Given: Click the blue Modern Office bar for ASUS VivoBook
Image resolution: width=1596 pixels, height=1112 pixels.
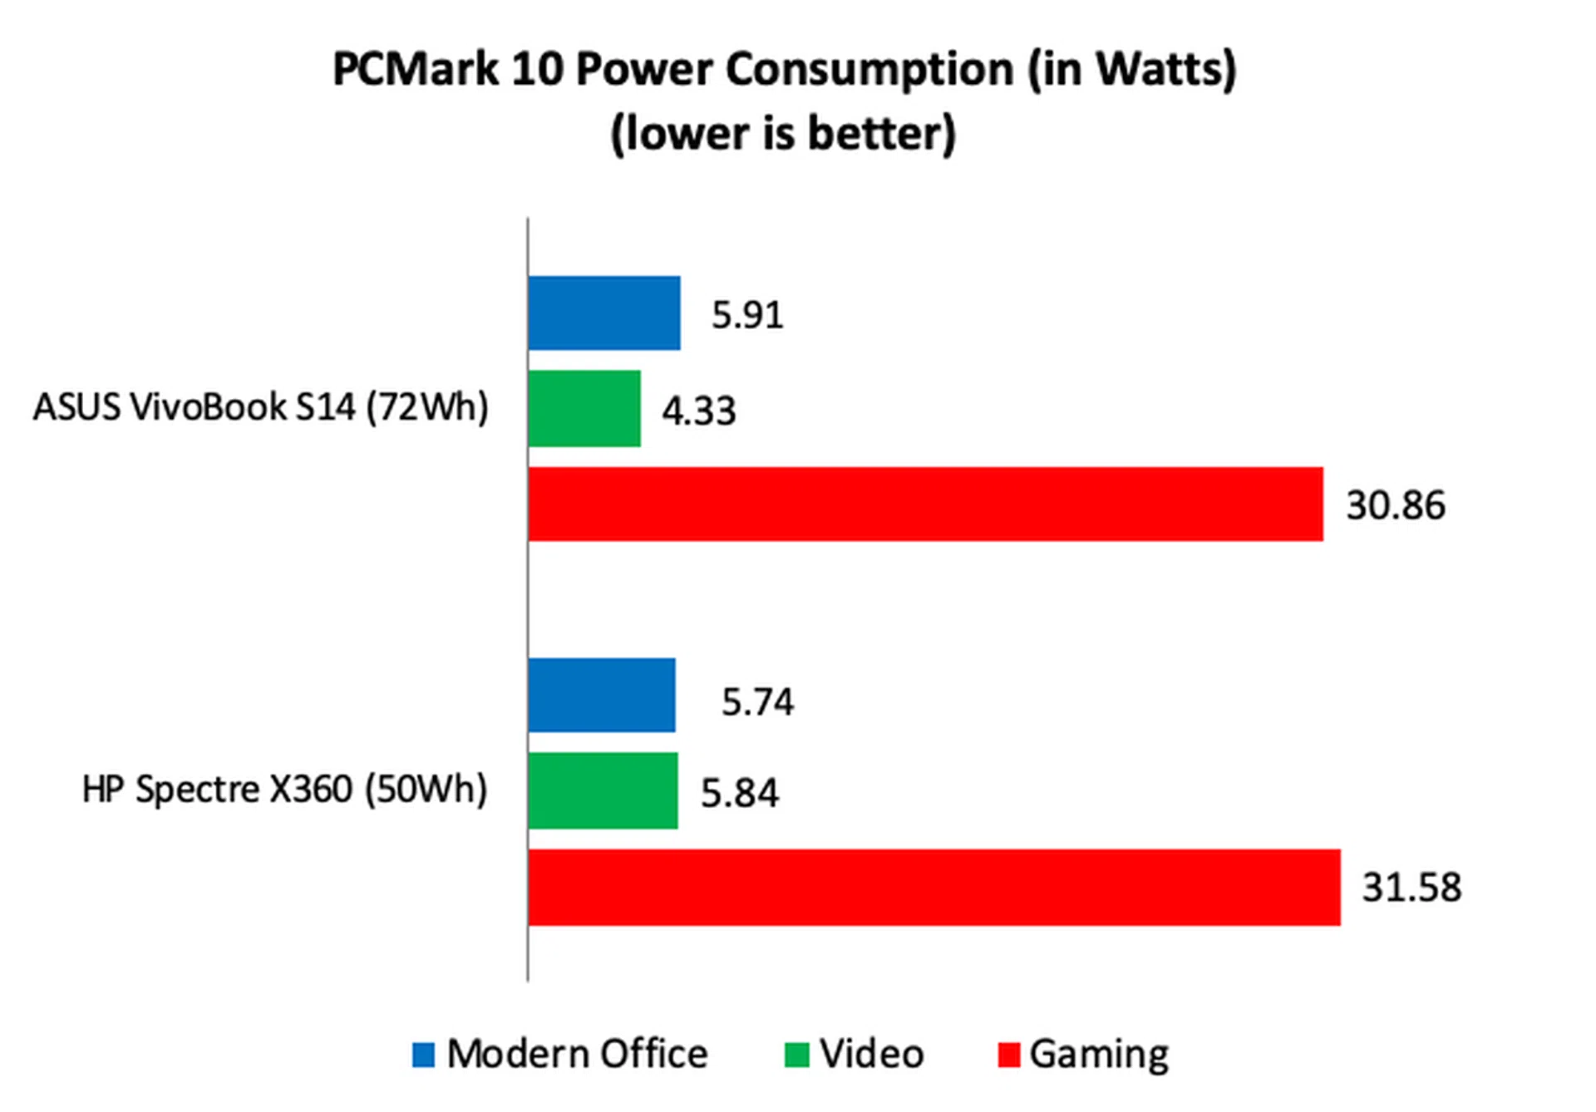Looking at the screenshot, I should point(603,313).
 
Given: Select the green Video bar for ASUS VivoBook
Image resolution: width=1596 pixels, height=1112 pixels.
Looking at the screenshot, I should point(584,409).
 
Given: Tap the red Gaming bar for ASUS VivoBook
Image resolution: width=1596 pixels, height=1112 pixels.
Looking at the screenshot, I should point(925,504).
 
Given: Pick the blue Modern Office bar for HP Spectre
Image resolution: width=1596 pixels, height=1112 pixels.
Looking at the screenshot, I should point(601,696).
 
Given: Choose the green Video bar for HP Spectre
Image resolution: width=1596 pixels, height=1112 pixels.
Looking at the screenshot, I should point(603,790).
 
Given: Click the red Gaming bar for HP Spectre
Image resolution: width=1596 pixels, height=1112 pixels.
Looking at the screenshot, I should point(933,887).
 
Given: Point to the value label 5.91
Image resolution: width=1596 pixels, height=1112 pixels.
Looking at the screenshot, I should point(747,315).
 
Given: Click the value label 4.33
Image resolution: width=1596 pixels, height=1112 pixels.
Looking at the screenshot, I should point(698,411).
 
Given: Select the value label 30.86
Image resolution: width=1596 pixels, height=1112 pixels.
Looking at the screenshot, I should point(1396,505).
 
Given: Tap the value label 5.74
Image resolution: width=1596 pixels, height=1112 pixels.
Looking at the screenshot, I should point(757,702).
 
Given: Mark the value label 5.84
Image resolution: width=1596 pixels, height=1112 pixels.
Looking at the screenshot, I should point(739,793).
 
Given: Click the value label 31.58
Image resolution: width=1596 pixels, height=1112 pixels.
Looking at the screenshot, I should point(1411,888).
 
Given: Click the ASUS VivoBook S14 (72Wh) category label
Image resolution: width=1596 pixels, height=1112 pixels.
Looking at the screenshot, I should point(260,407).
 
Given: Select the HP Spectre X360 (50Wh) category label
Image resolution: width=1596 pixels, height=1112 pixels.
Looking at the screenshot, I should point(284,789).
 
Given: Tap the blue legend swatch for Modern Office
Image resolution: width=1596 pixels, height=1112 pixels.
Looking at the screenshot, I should point(423,1055).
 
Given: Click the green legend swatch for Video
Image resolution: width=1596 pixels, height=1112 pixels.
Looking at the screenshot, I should point(796,1055).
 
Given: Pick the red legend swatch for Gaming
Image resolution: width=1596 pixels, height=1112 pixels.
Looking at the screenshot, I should point(1008,1055).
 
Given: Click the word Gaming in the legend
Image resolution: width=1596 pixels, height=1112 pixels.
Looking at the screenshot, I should point(1098,1055).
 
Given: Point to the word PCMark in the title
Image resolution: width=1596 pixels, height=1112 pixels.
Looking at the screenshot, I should point(414,68).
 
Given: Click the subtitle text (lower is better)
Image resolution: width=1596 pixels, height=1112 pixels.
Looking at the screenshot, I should point(783,133).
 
